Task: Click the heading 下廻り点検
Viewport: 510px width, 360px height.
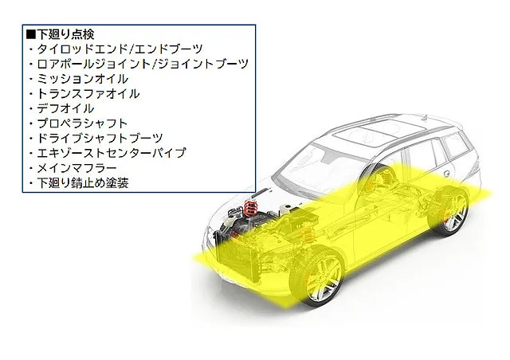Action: [65, 34]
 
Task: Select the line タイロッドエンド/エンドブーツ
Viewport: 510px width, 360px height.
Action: [120, 49]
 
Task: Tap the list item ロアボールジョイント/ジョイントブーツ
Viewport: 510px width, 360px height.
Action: [143, 64]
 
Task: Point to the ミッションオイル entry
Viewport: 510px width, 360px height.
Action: [83, 79]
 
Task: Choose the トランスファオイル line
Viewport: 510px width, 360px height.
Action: [88, 94]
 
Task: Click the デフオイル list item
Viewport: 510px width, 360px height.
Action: [65, 108]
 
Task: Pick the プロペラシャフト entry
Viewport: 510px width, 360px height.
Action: [82, 123]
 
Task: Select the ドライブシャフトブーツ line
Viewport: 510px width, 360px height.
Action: [100, 139]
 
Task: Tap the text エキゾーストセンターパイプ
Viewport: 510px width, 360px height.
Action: [112, 153]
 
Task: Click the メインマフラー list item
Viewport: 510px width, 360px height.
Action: [76, 168]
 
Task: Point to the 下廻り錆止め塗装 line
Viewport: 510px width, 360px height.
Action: [83, 182]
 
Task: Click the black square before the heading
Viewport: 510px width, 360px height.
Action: [31, 34]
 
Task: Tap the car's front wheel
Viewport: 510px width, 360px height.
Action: [316, 276]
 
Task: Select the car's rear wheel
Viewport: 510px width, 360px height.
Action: [449, 210]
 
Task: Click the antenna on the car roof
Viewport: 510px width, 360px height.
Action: [425, 117]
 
